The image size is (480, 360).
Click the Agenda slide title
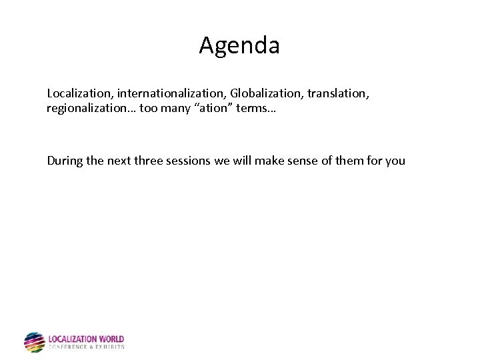click(x=239, y=45)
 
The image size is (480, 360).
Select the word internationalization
click(x=172, y=93)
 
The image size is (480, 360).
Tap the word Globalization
click(x=267, y=93)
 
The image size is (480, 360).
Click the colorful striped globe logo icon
click(x=34, y=342)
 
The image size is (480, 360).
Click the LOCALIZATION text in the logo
click(x=73, y=339)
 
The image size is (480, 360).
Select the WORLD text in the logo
click(x=111, y=339)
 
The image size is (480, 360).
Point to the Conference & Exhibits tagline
click(x=86, y=347)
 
